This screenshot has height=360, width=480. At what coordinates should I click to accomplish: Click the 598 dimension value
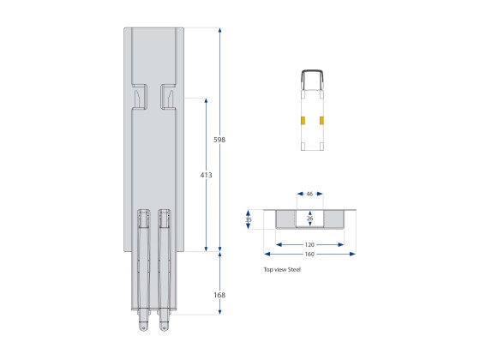pyautogui.click(x=219, y=139)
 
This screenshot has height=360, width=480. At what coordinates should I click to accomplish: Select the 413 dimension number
pyautogui.click(x=206, y=174)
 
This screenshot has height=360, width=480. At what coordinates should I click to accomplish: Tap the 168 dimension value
pyautogui.click(x=219, y=294)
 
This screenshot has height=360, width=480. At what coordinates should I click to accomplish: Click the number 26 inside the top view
pyautogui.click(x=309, y=219)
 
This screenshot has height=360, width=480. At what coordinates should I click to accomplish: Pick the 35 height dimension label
pyautogui.click(x=249, y=219)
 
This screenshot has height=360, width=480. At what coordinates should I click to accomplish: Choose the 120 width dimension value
pyautogui.click(x=309, y=243)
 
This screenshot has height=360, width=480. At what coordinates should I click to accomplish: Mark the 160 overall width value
pyautogui.click(x=309, y=255)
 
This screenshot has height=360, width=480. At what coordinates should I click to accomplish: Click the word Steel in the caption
pyautogui.click(x=294, y=269)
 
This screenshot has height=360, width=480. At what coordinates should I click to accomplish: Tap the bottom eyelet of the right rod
pyautogui.click(x=164, y=326)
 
